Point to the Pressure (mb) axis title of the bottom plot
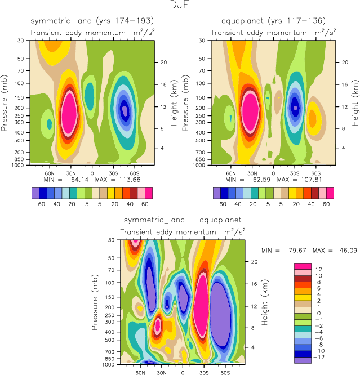95,302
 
